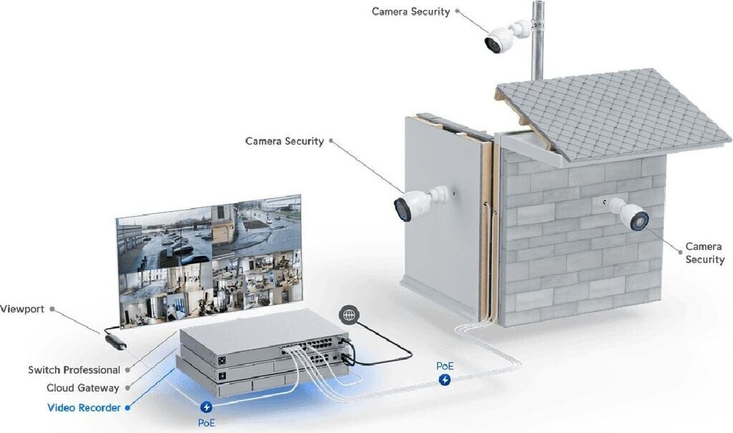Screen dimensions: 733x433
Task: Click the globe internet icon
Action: [x=349, y=315]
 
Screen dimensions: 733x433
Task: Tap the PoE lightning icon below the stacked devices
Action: [x=205, y=407]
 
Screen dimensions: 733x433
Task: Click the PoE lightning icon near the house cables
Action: [x=445, y=380]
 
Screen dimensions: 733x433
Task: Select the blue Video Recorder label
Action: [x=84, y=408]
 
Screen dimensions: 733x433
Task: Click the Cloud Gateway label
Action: [x=83, y=388]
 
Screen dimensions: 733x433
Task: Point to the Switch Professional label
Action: [x=74, y=370]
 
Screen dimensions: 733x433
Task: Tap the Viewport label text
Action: [x=22, y=309]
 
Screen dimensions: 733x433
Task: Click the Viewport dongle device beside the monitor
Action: [x=115, y=342]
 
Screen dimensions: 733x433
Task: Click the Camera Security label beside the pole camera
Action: [x=411, y=11]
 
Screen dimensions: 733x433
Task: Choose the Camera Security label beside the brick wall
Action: [x=705, y=253]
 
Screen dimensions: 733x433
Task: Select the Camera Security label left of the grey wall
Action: [x=285, y=141]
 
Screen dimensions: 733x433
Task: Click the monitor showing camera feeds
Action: [x=210, y=261]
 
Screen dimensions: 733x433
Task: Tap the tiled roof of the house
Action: [x=613, y=115]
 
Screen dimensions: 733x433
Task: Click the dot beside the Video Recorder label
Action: [x=127, y=408]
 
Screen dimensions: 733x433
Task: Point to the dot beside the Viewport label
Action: [x=52, y=309]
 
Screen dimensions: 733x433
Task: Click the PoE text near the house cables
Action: [x=445, y=366]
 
